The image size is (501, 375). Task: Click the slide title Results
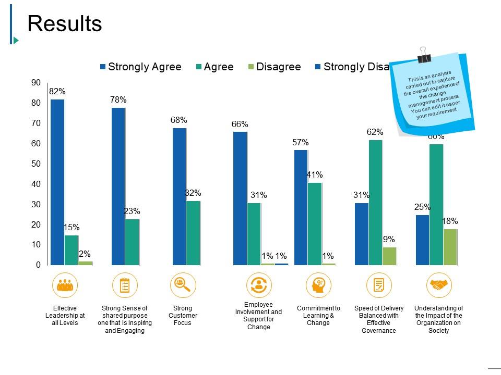tap(64, 23)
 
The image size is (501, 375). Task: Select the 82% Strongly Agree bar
tap(57, 182)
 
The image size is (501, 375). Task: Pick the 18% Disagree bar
tap(450, 247)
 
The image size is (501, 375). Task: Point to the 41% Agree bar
tap(315, 223)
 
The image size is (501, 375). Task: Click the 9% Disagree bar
tap(389, 256)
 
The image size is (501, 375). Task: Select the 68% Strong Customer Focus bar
tap(179, 196)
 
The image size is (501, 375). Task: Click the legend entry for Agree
tap(214, 67)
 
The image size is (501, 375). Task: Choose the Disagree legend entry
tap(274, 67)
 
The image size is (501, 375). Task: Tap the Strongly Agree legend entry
tap(141, 67)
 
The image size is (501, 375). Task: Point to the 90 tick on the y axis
tap(35, 82)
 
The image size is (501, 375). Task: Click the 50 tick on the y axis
tap(35, 164)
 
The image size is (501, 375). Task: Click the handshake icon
tap(439, 285)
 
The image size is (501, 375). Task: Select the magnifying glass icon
tap(183, 285)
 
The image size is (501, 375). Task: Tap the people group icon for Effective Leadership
tap(65, 285)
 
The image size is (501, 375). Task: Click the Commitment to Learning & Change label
tap(318, 316)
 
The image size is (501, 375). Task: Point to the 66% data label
tap(240, 124)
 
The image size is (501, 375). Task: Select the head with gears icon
tap(318, 285)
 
